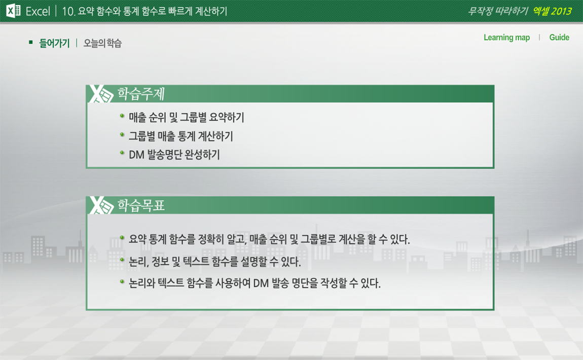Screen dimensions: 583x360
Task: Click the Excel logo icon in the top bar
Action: (13, 11)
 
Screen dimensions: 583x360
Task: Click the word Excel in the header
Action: (38, 12)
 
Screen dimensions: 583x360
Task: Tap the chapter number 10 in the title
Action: (68, 12)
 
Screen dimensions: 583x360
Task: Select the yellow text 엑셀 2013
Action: (552, 11)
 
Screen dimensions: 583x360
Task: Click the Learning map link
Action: (506, 38)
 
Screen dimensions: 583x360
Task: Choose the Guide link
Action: (559, 37)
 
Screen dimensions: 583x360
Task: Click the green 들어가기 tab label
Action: (54, 43)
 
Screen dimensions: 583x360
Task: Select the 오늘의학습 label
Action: (102, 43)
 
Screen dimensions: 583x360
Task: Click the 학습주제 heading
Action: (141, 94)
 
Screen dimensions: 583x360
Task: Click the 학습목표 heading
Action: (141, 205)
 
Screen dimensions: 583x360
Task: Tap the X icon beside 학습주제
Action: (101, 94)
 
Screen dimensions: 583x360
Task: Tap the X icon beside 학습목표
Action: (101, 205)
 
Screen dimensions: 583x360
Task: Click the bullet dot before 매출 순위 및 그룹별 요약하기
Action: (122, 116)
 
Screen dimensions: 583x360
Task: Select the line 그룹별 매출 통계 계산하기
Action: (180, 136)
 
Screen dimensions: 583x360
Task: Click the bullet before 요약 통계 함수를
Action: (122, 237)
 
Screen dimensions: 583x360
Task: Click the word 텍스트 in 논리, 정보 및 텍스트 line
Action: (196, 262)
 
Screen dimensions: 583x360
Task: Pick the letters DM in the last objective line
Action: (261, 283)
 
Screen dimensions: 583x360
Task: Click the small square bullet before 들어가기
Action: (31, 43)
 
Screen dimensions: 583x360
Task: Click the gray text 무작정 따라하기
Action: (498, 11)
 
